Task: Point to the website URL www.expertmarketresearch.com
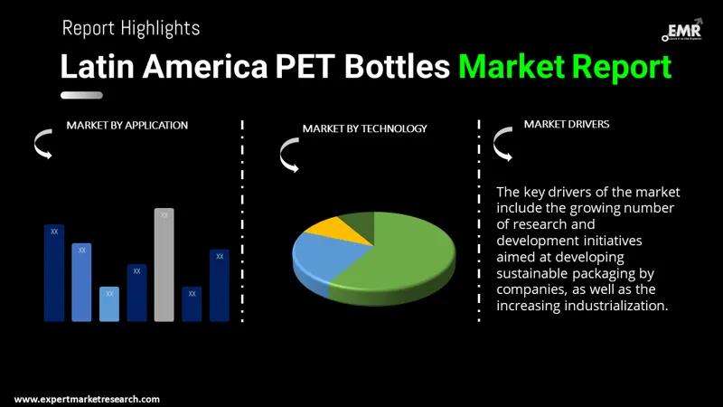(87, 399)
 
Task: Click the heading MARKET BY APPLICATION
(127, 125)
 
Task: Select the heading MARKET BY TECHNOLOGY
(364, 128)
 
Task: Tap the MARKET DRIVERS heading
(567, 124)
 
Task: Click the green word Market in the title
(511, 67)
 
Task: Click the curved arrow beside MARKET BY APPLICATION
(42, 143)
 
